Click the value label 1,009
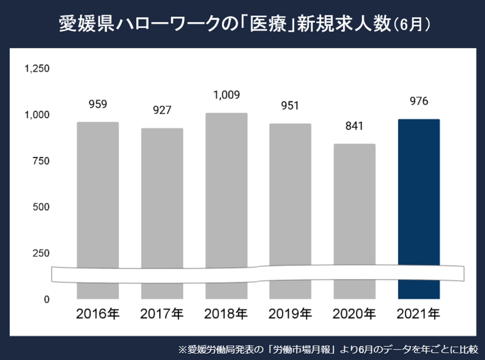[227, 96]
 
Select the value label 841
[354, 126]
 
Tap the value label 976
[419, 101]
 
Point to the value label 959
[98, 104]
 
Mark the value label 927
[162, 110]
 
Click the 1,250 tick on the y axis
[37, 68]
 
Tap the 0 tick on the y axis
[47, 299]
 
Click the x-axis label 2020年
[354, 314]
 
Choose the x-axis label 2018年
[227, 314]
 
